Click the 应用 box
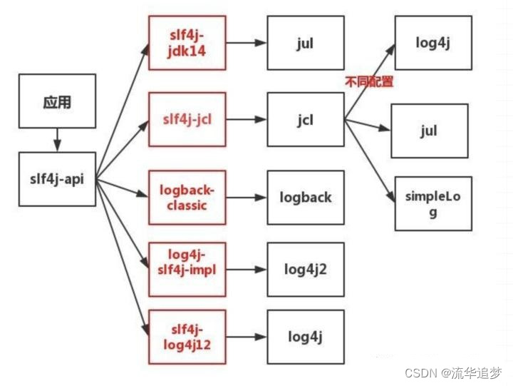point(57,102)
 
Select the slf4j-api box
point(57,178)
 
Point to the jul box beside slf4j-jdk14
point(304,43)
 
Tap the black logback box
point(305,198)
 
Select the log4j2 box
point(305,269)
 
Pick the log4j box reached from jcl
point(433,42)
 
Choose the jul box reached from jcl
point(429,131)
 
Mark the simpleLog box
point(433,203)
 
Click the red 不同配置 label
point(368,82)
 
